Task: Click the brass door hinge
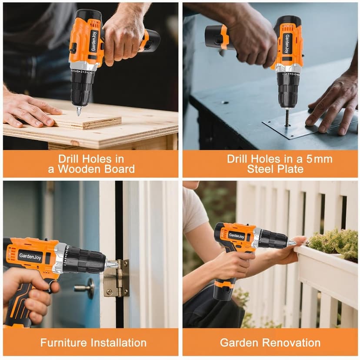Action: coord(116,277)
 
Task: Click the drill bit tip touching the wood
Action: coord(79,112)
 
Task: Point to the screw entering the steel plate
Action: coord(287,118)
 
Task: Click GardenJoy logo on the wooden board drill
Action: coord(93,40)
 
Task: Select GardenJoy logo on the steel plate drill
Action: coord(287,43)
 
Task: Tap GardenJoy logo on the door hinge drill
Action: coord(30,255)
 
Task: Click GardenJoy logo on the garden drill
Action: coord(237,236)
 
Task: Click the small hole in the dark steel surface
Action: coord(225,102)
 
